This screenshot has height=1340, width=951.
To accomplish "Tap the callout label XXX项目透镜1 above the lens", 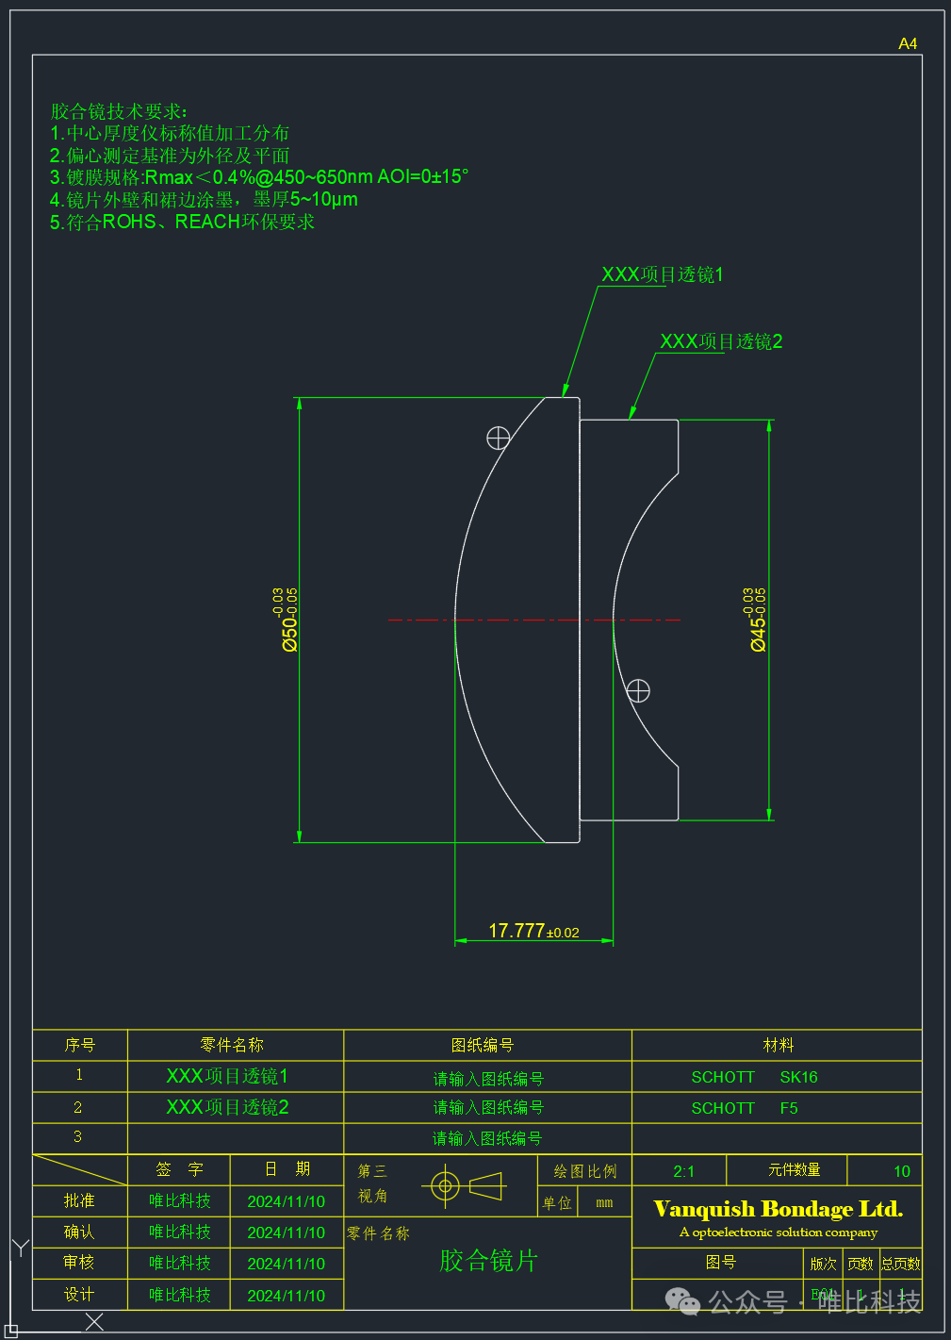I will point(663,274).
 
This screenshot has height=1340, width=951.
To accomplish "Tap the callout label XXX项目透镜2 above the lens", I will point(721,341).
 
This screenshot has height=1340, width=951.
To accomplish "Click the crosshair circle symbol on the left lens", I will point(498,438).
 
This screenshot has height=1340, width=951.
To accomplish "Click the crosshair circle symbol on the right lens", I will point(638,691).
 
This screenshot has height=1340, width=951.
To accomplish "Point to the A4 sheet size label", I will point(908,43).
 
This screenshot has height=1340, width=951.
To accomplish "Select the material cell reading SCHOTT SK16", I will point(754,1077).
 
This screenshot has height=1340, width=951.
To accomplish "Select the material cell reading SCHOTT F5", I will point(745,1108).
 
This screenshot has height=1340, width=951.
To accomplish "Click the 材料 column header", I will point(778,1045).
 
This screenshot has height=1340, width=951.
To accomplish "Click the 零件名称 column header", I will point(232,1045).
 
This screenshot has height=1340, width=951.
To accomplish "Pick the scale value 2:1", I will point(683,1171).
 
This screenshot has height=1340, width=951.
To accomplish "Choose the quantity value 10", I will point(901,1171).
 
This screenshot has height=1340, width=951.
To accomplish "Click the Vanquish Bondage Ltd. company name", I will point(778,1209).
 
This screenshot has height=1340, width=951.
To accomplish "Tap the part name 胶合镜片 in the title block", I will point(488,1261).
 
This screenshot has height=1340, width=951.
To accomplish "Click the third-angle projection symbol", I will point(467,1185).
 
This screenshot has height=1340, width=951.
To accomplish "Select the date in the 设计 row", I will point(286,1296).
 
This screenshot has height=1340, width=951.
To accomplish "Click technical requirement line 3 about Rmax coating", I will point(259,177).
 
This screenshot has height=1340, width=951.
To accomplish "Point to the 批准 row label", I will point(79,1200).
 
